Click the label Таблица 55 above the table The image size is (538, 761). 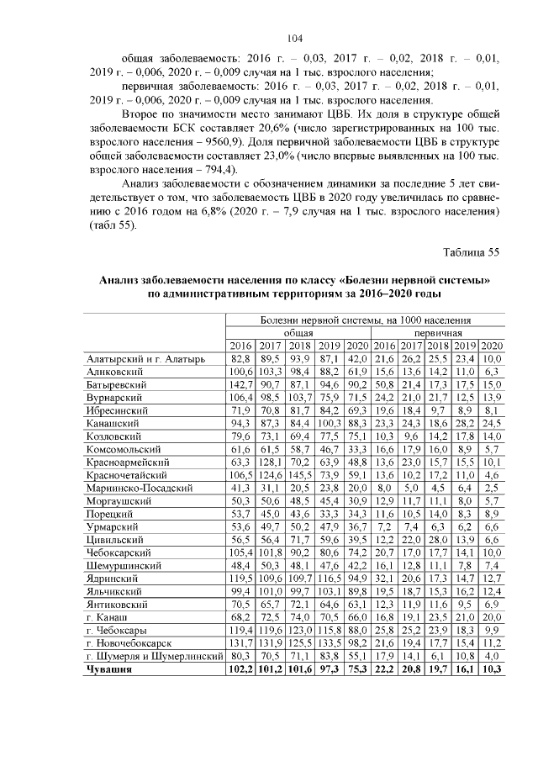pos(471,251)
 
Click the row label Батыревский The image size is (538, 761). pos(117,383)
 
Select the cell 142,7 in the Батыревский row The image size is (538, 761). pos(240,383)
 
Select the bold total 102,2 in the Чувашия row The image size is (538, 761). pos(240,669)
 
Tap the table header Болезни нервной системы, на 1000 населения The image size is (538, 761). pos(365,320)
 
